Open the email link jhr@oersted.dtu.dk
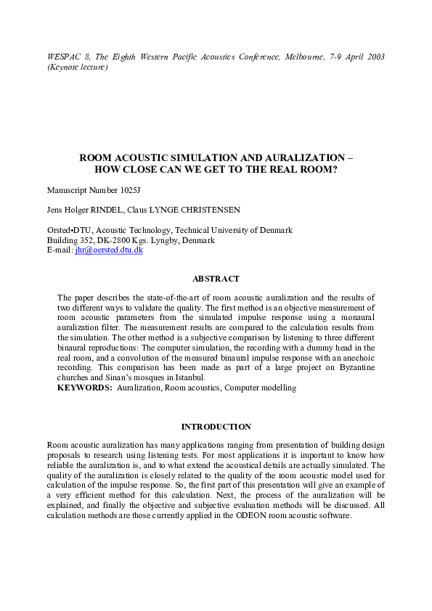(109, 250)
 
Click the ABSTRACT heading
(216, 279)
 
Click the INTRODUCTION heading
(216, 427)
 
